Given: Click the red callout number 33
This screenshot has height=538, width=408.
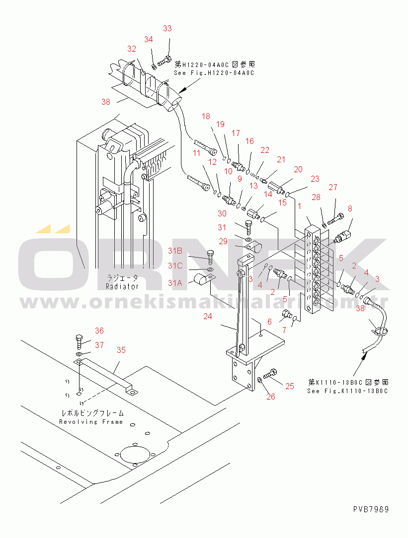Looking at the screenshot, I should pos(167,29).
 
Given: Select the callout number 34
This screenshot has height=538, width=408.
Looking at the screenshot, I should pos(149,40).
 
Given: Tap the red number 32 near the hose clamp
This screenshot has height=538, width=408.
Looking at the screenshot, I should pos(131,49).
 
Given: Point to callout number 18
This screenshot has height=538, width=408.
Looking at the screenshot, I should pos(206,116).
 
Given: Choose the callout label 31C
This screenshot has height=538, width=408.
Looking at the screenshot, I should pos(175,266).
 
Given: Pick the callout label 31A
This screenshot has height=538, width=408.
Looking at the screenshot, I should pos(175,283).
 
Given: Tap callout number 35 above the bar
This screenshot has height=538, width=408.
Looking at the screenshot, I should pos(121,350).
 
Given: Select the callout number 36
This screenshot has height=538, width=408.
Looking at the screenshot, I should pos(99,331).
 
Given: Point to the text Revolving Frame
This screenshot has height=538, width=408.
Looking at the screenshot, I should pos(91,422).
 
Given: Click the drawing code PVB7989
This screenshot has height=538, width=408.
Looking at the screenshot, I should pos(371,509).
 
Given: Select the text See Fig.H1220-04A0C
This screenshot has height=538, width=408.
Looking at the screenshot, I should pos(214,73).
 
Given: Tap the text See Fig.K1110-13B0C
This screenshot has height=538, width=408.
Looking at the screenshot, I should pos(347,391).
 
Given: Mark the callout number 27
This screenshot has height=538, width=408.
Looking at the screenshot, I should pos(332,187).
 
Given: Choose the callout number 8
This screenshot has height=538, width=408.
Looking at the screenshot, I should pos(350,208).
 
